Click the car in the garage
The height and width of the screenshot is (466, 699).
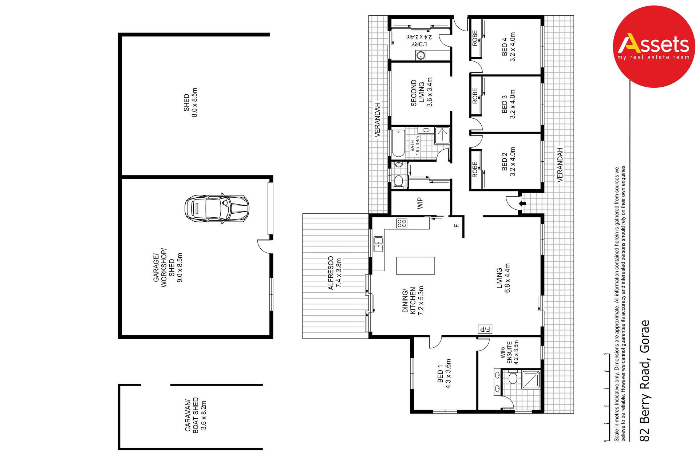coord(217,209)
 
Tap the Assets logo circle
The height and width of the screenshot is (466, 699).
coord(654,47)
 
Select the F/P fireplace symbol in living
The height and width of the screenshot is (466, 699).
coord(485,329)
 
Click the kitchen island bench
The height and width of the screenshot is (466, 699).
coord(415,266)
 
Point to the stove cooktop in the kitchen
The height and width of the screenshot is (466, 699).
coord(402,223)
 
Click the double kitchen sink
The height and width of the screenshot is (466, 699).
coord(379,244)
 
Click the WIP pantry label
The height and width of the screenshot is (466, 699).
coord(420,203)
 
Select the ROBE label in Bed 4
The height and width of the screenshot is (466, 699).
coord(475,38)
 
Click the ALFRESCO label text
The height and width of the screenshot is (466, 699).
coord(331,273)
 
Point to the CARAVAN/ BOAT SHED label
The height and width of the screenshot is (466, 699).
coord(191,415)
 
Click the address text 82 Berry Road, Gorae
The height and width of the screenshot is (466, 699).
coord(645,381)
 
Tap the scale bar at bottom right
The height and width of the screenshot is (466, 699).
coord(607,397)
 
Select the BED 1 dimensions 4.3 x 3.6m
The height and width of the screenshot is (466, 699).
coord(448,374)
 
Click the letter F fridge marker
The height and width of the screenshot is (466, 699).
coord(457,226)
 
